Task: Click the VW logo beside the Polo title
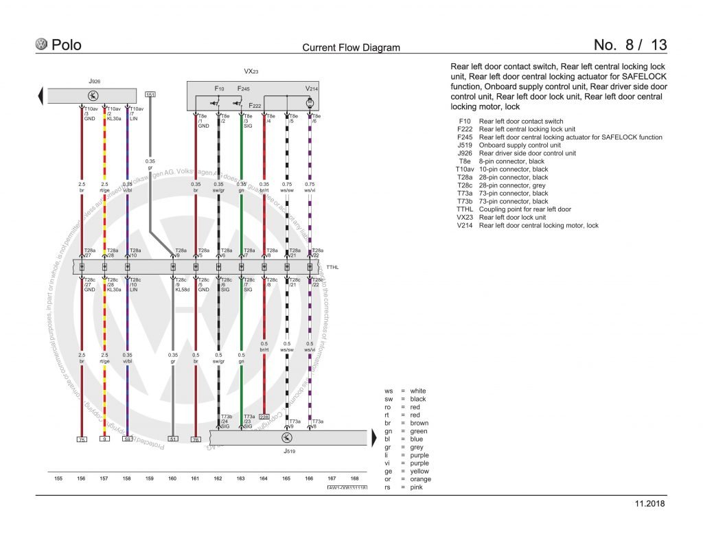[42, 45]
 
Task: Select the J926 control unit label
[94, 80]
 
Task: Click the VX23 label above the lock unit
[251, 71]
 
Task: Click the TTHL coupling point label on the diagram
[332, 266]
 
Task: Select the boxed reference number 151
[150, 94]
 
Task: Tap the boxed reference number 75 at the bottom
[81, 439]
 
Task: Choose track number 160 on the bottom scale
[172, 478]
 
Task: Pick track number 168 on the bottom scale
[354, 478]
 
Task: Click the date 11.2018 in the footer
[650, 504]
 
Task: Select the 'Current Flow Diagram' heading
[351, 48]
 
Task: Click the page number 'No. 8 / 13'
[630, 45]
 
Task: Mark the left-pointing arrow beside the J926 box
[42, 95]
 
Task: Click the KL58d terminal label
[182, 290]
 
